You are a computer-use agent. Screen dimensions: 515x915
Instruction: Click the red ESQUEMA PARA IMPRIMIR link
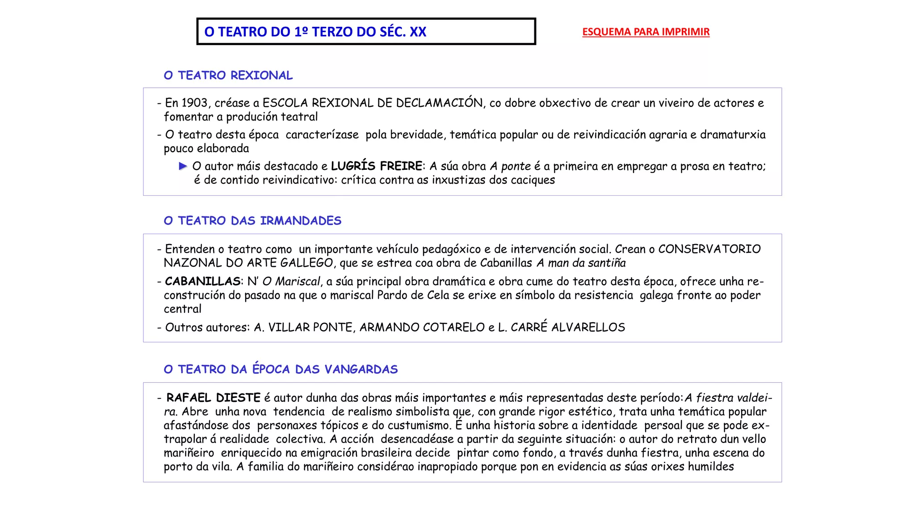646,32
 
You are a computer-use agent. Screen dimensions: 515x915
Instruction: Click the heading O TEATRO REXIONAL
228,76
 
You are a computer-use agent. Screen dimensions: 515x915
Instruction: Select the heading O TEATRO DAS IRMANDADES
252,221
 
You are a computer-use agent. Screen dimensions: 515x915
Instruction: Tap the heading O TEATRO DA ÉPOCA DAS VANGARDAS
281,369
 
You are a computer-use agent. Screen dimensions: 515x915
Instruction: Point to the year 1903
194,103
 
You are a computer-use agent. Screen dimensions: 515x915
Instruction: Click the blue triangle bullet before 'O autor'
183,166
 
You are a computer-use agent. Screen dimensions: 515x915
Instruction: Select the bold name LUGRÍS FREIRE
376,166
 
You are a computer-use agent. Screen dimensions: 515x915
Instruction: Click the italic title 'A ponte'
510,166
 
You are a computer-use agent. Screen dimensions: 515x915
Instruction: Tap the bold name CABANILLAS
203,282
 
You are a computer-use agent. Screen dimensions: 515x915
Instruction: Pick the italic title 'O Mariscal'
291,282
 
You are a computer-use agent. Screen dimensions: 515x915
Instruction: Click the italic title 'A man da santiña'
581,263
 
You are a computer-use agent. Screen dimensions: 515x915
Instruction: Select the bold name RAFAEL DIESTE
213,398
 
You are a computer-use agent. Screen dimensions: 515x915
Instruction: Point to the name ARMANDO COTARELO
422,328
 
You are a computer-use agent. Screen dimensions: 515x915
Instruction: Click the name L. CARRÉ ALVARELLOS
561,328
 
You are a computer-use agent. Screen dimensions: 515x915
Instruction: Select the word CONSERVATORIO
709,249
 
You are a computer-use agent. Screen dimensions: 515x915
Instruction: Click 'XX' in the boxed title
418,32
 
